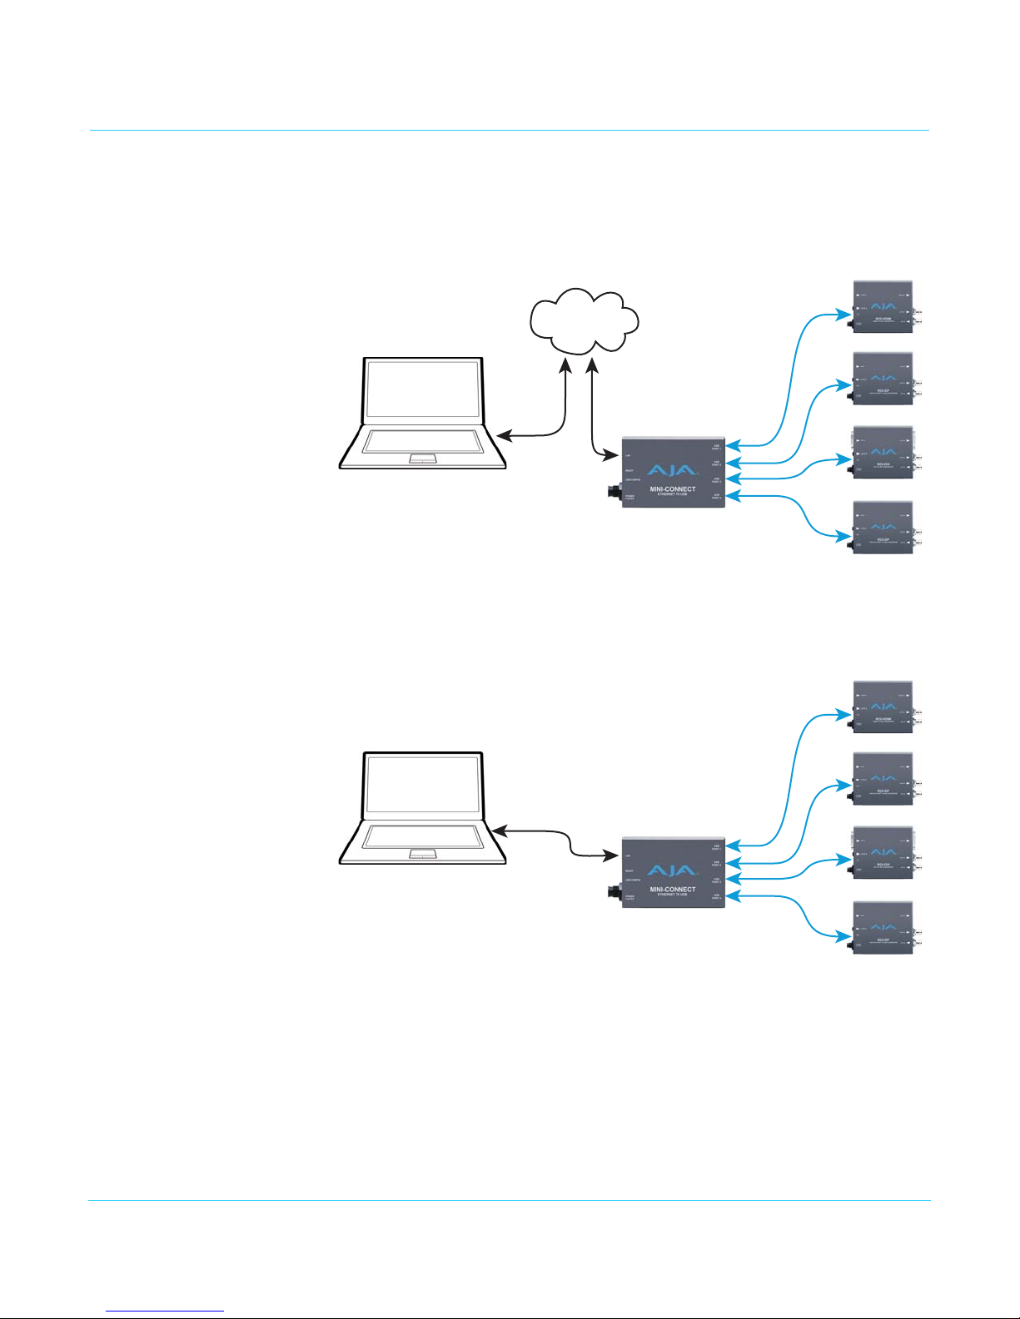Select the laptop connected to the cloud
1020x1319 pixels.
pyautogui.click(x=423, y=414)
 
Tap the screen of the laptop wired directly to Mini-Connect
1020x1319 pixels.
pyautogui.click(x=423, y=785)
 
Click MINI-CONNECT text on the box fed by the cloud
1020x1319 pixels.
pyautogui.click(x=673, y=489)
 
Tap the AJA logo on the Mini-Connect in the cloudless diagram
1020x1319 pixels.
pyautogui.click(x=672, y=870)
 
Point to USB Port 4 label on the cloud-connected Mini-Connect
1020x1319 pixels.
pyautogui.click(x=716, y=497)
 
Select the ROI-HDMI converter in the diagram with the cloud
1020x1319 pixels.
pyautogui.click(x=883, y=307)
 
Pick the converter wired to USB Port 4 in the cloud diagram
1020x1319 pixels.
pyautogui.click(x=883, y=528)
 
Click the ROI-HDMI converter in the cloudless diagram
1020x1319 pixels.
pyautogui.click(x=883, y=707)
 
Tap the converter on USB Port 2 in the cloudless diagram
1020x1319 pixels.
pyautogui.click(x=883, y=779)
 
